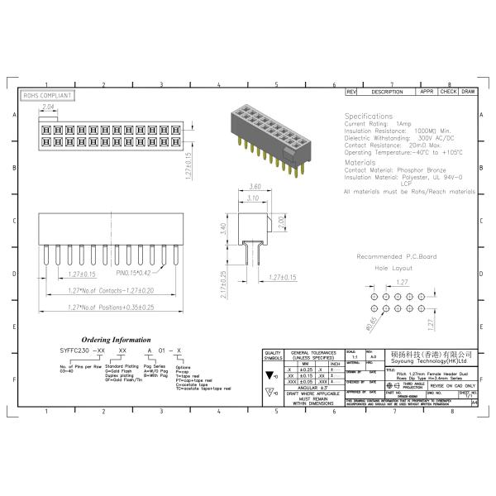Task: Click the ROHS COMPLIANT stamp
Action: pyautogui.click(x=47, y=96)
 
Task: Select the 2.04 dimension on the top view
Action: pyautogui.click(x=48, y=107)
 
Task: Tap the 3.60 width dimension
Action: pyautogui.click(x=255, y=187)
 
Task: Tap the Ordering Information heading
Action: pyautogui.click(x=115, y=340)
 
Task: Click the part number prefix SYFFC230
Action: pyautogui.click(x=74, y=351)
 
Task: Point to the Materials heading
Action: pyautogui.click(x=360, y=163)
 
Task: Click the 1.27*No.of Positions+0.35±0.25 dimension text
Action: pyautogui.click(x=111, y=307)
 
